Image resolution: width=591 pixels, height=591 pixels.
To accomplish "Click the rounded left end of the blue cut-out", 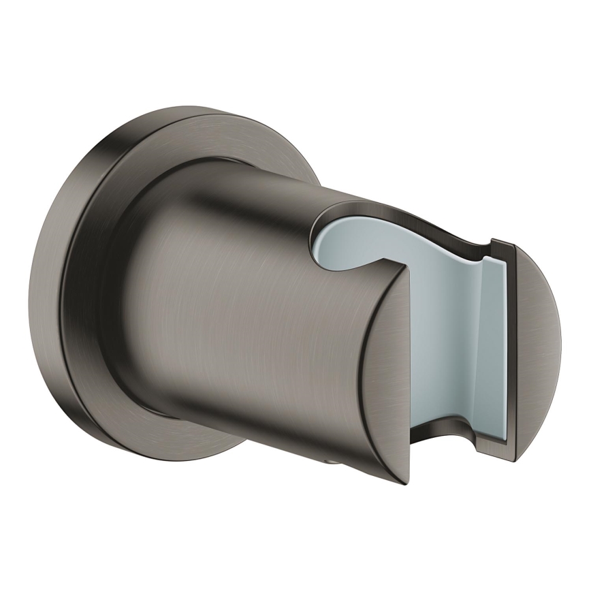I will pyautogui.click(x=320, y=238).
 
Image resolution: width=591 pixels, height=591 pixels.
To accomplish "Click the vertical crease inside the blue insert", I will pyautogui.click(x=480, y=340).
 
